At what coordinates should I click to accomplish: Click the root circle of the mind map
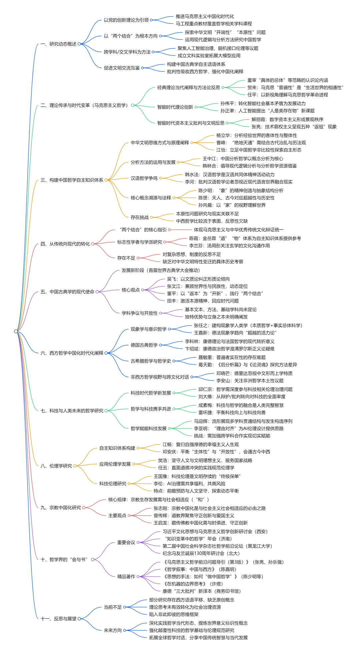(x=16, y=331)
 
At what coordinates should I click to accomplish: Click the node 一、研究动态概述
(x=58, y=44)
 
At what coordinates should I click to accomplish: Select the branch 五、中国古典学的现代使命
(x=67, y=292)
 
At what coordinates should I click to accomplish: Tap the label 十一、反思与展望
(x=58, y=618)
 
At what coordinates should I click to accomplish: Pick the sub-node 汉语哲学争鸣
(x=144, y=178)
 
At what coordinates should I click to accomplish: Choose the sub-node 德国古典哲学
(x=144, y=345)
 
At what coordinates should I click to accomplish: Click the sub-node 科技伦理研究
(x=113, y=483)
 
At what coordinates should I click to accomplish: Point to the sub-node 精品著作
(x=126, y=576)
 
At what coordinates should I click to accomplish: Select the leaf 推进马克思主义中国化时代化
(x=205, y=16)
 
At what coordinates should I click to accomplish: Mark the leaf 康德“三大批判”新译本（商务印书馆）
(x=201, y=591)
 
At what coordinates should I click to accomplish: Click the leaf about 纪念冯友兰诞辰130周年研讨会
(x=201, y=553)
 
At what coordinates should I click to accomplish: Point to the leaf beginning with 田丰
(x=203, y=301)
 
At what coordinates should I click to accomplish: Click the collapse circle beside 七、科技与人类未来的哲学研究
(x=106, y=411)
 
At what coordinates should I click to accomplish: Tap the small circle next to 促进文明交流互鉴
(x=143, y=68)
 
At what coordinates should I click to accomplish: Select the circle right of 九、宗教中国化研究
(x=84, y=508)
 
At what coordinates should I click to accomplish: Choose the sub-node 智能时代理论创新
(x=175, y=107)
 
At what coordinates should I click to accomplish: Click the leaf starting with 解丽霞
(x=287, y=119)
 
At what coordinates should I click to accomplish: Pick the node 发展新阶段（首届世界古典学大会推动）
(x=161, y=270)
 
